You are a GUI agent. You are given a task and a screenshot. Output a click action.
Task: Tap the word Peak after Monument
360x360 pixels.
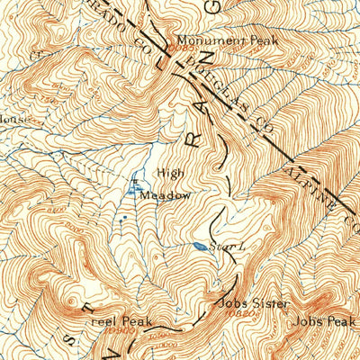coord(262,40)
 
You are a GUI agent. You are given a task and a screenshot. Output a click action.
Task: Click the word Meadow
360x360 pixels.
coord(169,194)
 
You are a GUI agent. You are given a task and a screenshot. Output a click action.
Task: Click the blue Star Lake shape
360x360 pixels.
coord(197,245)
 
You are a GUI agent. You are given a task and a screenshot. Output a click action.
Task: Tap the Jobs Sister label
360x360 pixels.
coord(244,303)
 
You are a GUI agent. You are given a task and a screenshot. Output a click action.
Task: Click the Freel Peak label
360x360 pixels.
coord(126,320)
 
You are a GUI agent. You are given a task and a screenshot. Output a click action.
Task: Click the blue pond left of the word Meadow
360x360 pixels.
coord(135,190)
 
